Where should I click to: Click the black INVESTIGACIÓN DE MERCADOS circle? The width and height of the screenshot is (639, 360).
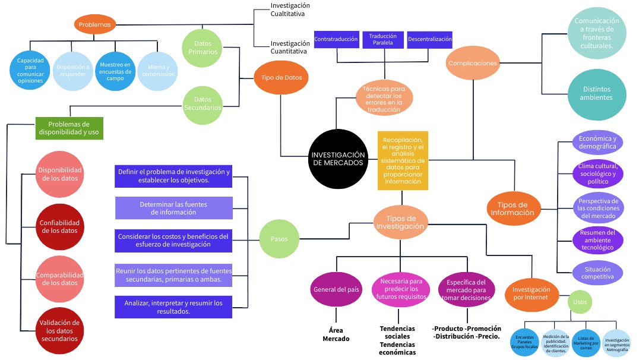[337, 158]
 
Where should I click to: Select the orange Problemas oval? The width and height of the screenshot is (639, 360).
[95, 24]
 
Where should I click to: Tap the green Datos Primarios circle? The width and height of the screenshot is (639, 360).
[203, 46]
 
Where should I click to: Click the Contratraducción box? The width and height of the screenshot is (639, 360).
[336, 40]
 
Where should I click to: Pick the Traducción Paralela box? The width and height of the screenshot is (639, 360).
[382, 40]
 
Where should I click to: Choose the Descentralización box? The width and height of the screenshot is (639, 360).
[430, 40]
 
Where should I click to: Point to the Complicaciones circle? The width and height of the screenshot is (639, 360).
[472, 63]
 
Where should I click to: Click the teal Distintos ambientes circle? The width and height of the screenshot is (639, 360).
[596, 94]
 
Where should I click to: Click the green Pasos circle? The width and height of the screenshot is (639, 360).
[279, 238]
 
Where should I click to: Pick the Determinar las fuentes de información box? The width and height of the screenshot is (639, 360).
[173, 208]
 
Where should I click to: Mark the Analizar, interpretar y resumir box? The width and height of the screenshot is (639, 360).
[173, 307]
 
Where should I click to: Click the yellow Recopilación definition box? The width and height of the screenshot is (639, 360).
[403, 160]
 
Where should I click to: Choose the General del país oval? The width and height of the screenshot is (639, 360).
[336, 289]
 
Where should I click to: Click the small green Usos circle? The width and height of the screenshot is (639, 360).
[580, 302]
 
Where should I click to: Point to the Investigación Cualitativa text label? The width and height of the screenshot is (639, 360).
[290, 10]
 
